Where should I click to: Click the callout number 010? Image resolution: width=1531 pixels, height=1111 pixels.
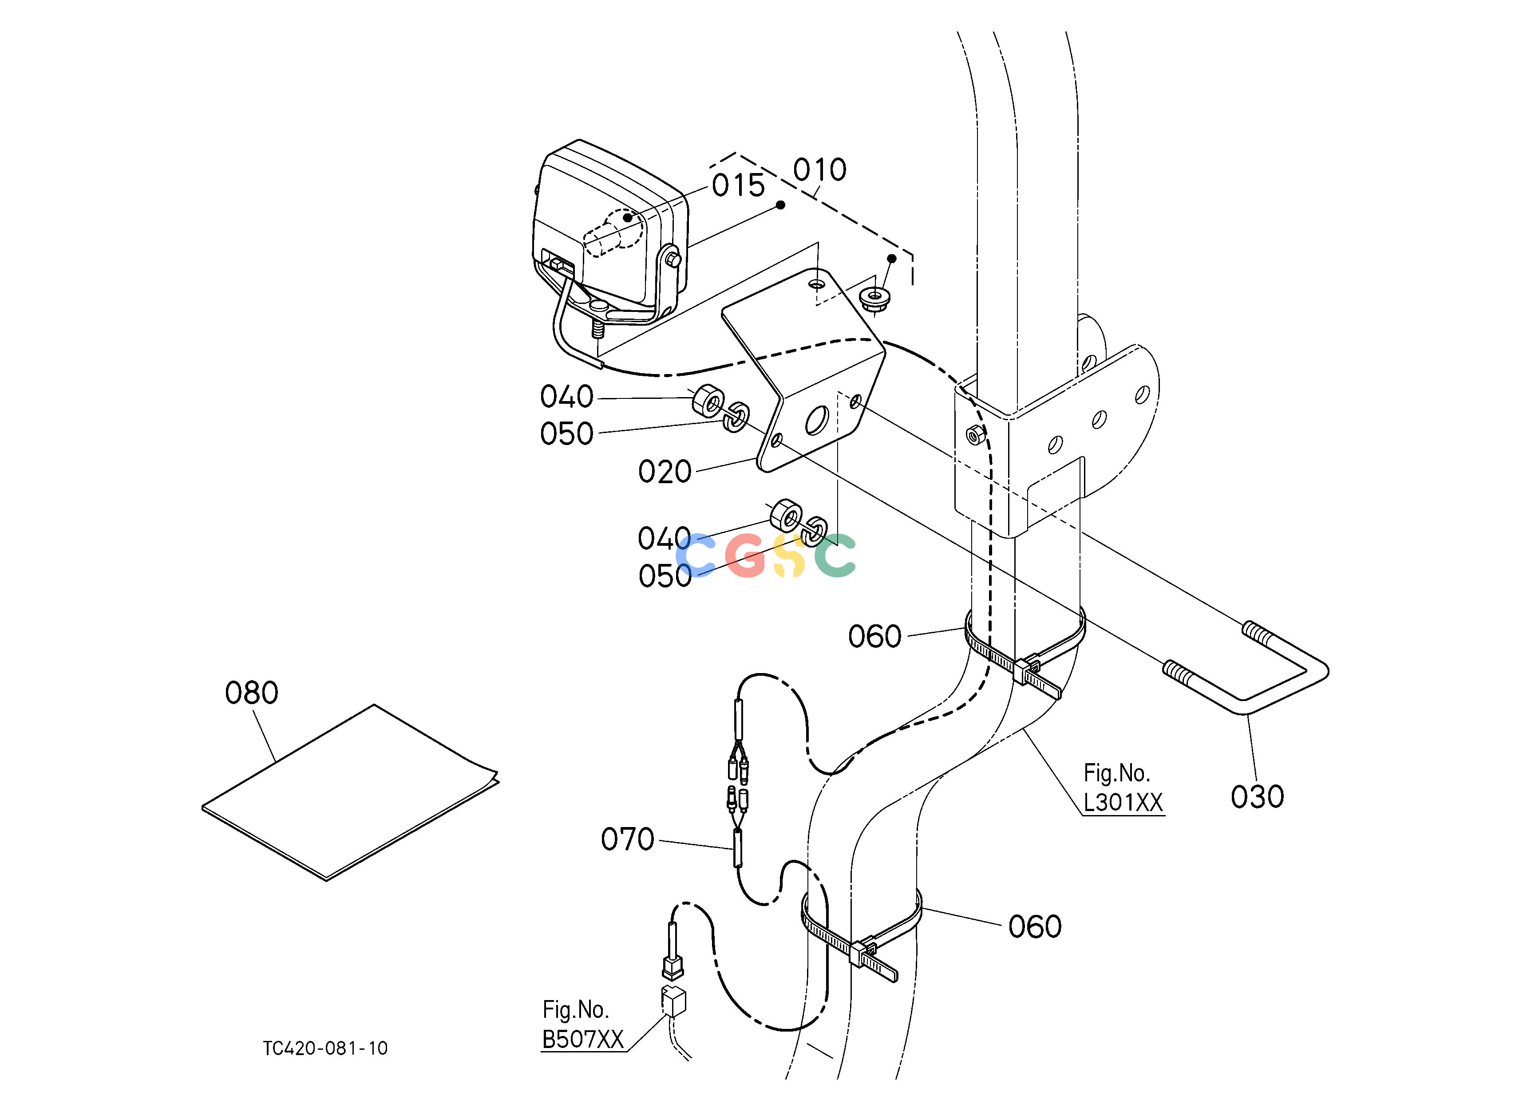click(819, 170)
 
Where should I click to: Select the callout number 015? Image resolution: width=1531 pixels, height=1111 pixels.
click(739, 185)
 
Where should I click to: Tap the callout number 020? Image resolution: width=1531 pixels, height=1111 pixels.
click(665, 472)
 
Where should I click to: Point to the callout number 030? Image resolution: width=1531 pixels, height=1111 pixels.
click(1257, 797)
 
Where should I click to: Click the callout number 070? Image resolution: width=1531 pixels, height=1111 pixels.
click(628, 840)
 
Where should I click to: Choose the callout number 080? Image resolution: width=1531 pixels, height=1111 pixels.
click(252, 693)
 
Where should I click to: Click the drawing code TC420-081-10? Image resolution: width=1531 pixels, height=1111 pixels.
click(325, 1048)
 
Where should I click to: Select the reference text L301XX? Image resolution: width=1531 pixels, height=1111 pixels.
click(1123, 803)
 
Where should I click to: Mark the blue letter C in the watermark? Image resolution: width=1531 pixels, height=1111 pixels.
click(696, 555)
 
